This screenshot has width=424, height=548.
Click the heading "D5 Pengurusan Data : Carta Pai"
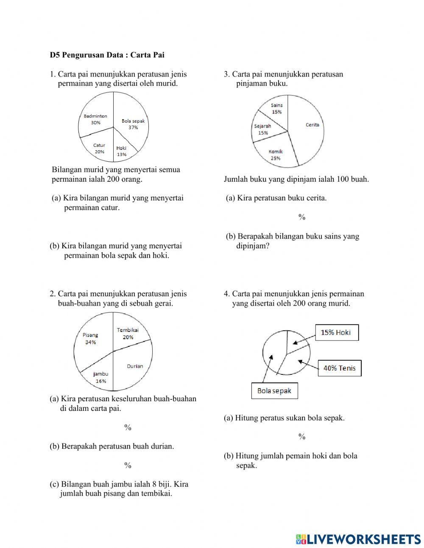(107, 55)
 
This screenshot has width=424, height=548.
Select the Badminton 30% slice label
(95, 119)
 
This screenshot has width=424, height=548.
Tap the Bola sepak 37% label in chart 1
(133, 124)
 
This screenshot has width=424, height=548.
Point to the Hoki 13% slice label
(122, 151)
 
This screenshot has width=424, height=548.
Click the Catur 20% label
(99, 148)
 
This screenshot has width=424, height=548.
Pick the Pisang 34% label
(90, 338)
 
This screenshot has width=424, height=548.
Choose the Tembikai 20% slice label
(128, 333)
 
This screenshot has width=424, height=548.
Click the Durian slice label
(135, 366)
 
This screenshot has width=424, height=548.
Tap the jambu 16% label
(101, 377)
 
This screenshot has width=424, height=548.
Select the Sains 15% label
(276, 109)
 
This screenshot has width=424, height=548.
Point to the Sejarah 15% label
(263, 129)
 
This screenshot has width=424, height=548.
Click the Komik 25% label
(276, 155)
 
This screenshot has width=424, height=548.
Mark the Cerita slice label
(312, 125)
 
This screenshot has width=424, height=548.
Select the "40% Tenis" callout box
(340, 368)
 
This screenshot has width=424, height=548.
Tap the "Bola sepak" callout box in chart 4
(274, 391)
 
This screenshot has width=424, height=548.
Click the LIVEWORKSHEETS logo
(358, 539)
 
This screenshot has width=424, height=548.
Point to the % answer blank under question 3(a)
(302, 217)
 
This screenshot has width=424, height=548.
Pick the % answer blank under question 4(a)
(302, 437)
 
